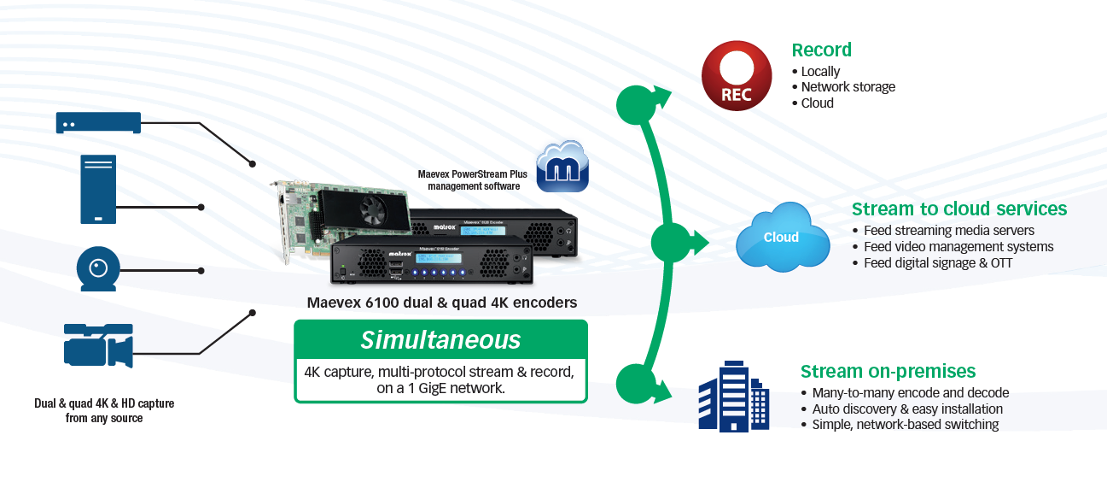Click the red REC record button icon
[737, 75]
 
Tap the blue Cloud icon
[782, 237]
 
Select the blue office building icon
[733, 395]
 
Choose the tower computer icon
[98, 189]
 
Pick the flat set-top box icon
[98, 122]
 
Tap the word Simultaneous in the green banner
[440, 340]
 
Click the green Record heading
[821, 50]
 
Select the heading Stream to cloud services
[959, 209]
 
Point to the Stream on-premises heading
[888, 371]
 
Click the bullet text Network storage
[848, 87]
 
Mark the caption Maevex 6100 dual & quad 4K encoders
[441, 303]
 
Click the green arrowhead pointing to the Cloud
[699, 244]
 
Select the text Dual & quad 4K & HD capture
[104, 403]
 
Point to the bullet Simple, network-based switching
[905, 425]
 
